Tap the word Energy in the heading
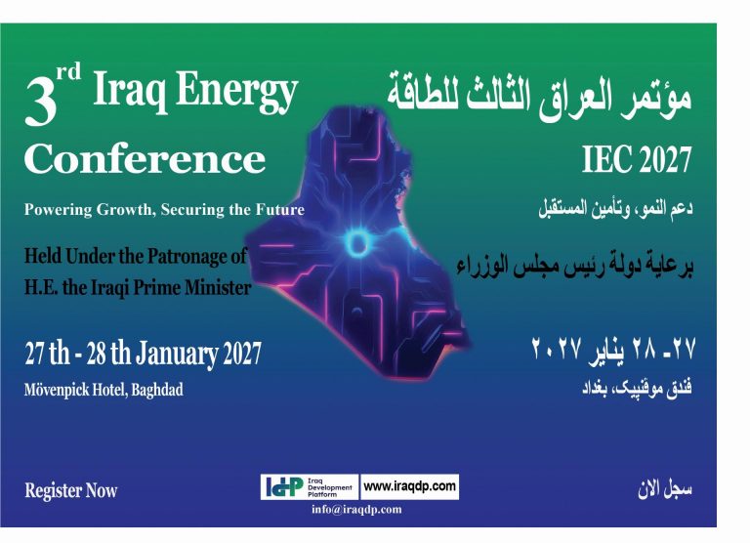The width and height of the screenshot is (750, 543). click(236, 92)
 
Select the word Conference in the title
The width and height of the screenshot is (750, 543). click(145, 158)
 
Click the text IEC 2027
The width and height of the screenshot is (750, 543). click(637, 159)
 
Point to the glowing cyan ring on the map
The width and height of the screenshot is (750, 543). click(356, 243)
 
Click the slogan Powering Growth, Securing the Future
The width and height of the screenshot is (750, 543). click(164, 210)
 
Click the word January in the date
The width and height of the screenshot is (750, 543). click(177, 355)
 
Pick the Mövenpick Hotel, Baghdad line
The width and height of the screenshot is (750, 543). click(104, 390)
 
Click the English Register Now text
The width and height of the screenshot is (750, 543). click(70, 490)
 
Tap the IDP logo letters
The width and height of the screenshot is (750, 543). click(284, 487)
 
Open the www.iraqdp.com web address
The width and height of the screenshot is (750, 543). click(409, 486)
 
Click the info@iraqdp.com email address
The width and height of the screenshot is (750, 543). click(356, 509)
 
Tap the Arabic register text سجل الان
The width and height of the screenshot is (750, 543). click(664, 489)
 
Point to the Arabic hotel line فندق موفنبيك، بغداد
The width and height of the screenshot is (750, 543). click(637, 387)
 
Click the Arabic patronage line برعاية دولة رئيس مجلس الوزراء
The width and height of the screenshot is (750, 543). click(574, 265)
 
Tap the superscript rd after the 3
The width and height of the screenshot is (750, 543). click(68, 72)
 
